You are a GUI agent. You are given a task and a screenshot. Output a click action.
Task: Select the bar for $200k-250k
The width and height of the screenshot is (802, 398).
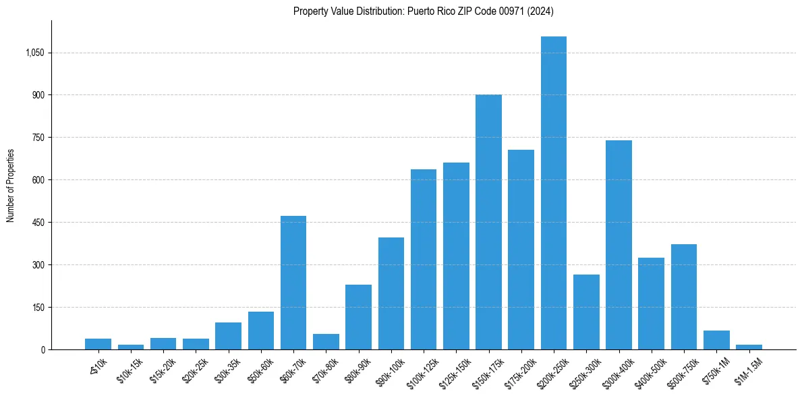554,193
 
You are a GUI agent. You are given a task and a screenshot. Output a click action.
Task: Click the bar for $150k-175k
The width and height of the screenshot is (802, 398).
488,222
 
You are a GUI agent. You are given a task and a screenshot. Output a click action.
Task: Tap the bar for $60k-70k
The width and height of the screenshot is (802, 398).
293,283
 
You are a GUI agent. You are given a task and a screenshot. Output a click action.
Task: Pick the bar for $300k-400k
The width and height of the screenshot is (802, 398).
619,245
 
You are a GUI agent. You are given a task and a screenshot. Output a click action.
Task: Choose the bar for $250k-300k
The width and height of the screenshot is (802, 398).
586,312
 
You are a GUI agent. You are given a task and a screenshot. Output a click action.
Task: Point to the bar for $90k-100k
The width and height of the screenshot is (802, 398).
391,293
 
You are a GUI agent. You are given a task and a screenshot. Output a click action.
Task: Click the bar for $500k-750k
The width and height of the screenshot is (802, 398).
684,297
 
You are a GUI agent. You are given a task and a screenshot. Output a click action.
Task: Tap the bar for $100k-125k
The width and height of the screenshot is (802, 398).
424,259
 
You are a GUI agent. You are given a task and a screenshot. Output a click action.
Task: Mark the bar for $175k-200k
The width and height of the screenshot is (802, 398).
521,250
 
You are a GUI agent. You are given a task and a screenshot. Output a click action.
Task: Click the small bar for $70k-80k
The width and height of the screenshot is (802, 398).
326,342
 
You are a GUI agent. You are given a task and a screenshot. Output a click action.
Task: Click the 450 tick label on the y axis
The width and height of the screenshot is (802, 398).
38,223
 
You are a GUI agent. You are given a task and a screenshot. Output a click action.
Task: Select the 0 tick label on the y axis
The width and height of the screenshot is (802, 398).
42,349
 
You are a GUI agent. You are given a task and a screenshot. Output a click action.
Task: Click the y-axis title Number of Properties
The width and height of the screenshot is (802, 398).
10,185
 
